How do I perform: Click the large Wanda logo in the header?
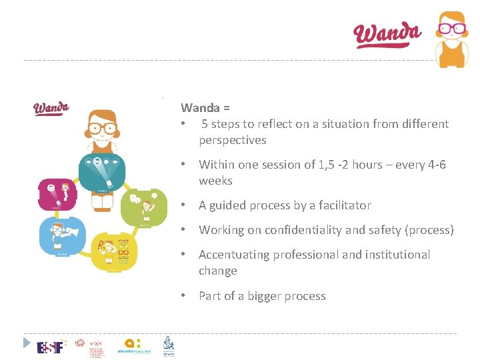(x=387, y=34)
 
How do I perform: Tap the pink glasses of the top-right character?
(x=451, y=29)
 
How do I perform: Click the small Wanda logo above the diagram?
(x=51, y=108)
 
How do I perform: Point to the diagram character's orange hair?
(x=102, y=115)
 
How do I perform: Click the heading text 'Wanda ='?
(x=205, y=107)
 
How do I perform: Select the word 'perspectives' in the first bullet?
(x=232, y=140)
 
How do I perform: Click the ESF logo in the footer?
(x=51, y=347)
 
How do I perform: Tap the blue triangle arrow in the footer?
(x=27, y=343)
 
